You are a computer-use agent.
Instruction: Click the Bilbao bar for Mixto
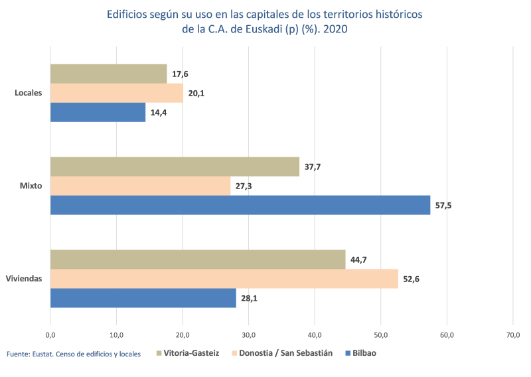[240, 205]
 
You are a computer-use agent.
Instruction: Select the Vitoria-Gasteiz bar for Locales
[109, 74]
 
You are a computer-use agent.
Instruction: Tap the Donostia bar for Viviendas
[224, 279]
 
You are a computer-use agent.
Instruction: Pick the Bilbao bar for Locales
[98, 112]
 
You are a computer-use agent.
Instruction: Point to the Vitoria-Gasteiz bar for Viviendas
[198, 260]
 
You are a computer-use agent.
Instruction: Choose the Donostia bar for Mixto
[141, 186]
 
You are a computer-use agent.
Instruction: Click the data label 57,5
[443, 206]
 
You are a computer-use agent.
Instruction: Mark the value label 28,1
[249, 299]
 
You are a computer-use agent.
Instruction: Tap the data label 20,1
[196, 94]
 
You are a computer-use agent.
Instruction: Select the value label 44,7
[358, 260]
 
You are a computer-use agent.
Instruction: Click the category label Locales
[29, 93]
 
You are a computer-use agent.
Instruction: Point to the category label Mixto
[31, 186]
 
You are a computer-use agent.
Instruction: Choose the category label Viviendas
[24, 279]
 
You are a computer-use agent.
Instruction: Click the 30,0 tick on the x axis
[248, 334]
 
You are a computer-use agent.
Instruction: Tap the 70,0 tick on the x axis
[512, 334]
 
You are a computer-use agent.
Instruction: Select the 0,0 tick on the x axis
[50, 334]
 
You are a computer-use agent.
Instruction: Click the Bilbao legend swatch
[347, 353]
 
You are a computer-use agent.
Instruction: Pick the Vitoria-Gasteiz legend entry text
[191, 353]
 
